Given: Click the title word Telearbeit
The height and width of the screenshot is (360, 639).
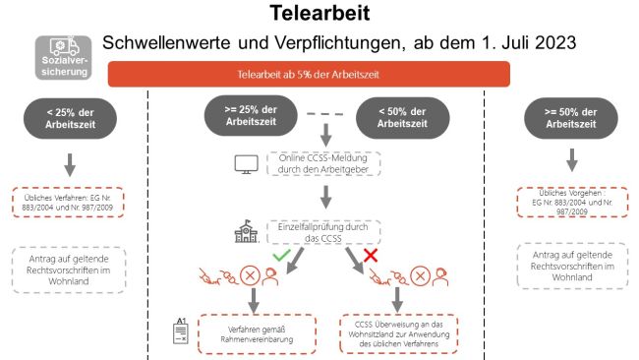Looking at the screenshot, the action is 319,13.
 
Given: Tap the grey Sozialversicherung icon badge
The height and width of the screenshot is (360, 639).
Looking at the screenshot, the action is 63,57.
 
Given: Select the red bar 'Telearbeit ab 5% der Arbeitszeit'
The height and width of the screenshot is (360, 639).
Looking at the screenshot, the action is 309,74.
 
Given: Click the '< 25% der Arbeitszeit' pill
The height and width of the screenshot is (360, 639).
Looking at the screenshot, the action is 70,118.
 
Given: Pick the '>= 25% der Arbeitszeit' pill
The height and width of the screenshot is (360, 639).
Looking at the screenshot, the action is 251,115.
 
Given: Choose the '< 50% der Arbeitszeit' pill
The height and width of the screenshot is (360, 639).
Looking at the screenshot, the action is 403,117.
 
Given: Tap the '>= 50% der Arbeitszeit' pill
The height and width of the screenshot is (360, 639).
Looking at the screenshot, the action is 571,118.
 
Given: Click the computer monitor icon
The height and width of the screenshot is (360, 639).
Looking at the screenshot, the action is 246,164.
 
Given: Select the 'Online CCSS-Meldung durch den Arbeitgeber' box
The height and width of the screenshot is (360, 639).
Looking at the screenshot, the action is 323,163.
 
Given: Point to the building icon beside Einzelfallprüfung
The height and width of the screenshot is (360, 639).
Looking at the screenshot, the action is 246,231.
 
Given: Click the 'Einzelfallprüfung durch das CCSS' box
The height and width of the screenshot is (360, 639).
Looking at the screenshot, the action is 323,232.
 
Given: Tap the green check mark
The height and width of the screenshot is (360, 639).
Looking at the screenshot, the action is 281,255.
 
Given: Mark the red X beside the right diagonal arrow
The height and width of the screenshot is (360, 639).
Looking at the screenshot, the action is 371,255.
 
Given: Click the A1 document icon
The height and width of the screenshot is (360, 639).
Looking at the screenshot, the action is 181,330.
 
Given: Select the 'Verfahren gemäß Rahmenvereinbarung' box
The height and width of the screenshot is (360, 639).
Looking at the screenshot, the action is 257,334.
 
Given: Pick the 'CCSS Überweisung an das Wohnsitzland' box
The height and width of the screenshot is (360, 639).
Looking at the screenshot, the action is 398,334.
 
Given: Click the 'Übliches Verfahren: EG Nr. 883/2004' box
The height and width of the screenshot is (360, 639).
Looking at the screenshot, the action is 68,203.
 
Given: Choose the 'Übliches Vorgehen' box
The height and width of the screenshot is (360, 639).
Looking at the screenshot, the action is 572,203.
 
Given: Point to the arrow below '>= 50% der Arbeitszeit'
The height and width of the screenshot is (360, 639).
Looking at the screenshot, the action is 572,159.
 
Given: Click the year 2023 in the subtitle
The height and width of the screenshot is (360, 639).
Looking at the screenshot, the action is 555,42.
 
